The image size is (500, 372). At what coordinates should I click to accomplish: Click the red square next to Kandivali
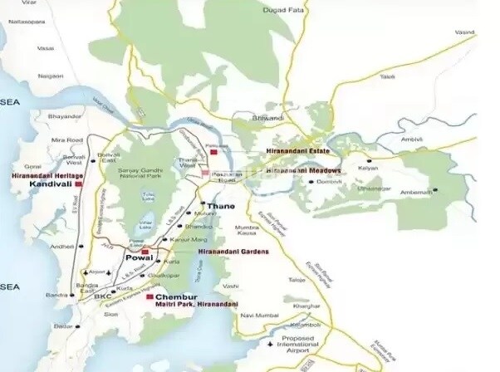[x=78, y=185]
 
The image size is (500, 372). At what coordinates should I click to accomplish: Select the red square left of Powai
[x=145, y=251]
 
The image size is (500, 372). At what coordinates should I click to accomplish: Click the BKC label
[x=101, y=296]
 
